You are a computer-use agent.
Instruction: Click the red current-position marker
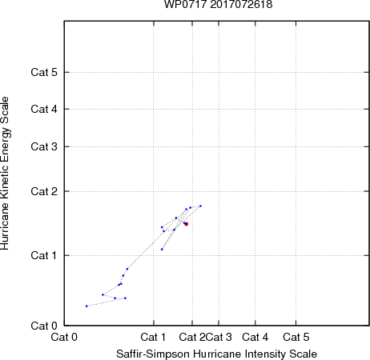point(187,224)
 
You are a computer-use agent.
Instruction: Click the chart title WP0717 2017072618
point(218,4)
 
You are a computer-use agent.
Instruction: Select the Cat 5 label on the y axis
point(44,72)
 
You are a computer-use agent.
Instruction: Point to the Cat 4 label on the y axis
point(44,109)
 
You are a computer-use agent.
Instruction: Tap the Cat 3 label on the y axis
point(44,146)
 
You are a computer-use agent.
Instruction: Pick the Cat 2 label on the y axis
point(44,191)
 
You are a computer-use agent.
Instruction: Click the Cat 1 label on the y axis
point(44,255)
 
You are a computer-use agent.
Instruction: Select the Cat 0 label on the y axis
point(44,326)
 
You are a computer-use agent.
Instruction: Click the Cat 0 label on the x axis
point(64,337)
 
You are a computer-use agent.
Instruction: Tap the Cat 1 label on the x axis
point(153,337)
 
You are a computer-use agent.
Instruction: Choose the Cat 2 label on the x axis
point(192,337)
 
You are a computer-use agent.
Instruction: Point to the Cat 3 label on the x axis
point(219,337)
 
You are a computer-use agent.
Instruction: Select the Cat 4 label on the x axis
point(255,337)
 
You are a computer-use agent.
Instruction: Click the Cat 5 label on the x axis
point(296,337)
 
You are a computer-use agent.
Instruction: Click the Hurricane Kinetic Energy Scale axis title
point(5,173)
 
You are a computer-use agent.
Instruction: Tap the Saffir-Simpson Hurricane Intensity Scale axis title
point(217,354)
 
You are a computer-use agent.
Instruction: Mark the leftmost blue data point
point(86,306)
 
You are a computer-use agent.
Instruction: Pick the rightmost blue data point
point(200,206)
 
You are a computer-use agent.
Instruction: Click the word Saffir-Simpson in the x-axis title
point(153,354)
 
